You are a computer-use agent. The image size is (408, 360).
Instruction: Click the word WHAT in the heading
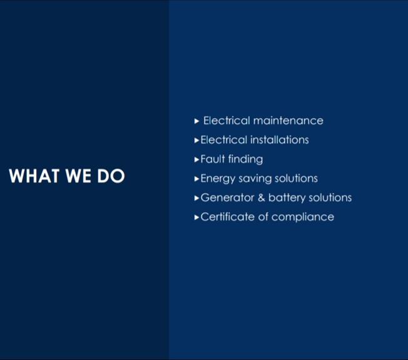[34, 176]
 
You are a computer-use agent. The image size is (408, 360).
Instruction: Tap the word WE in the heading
[78, 176]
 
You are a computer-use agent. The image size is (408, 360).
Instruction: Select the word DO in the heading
[111, 176]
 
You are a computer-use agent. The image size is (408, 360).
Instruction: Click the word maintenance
[288, 121]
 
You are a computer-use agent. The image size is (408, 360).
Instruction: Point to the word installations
[280, 140]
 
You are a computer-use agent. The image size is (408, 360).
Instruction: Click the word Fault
[213, 159]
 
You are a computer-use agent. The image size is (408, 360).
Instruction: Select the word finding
[246, 159]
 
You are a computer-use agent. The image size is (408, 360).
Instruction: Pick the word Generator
[227, 197]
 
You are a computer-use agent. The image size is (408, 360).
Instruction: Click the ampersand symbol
[261, 197]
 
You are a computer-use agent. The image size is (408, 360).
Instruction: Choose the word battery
[287, 198]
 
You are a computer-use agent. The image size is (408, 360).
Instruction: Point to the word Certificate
[227, 217]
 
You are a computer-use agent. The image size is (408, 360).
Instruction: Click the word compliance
[303, 217]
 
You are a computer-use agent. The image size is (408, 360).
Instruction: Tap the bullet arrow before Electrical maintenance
[196, 121]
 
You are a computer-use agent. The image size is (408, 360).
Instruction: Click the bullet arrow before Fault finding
[196, 159]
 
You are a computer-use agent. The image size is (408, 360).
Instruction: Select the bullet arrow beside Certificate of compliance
[196, 217]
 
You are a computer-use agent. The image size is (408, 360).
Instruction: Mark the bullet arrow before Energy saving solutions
[196, 179]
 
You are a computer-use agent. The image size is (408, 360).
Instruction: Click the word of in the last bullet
[263, 217]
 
